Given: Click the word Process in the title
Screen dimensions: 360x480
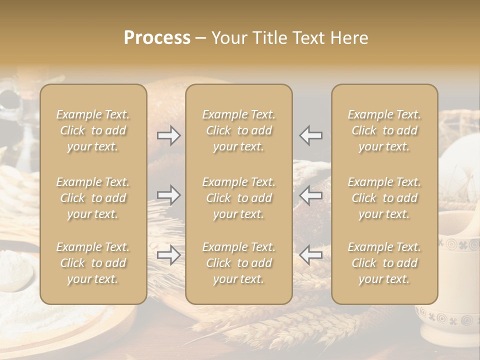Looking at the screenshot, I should [157, 38].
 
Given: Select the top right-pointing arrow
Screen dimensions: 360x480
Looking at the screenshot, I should [168, 135].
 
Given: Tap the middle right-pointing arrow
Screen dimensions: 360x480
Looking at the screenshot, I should [168, 195].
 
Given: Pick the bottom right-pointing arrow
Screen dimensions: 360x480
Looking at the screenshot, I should [168, 255].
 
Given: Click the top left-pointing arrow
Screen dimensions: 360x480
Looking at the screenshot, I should [311, 135].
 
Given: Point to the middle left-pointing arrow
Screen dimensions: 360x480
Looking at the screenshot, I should [311, 195].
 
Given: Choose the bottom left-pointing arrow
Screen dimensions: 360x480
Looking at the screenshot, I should [311, 255].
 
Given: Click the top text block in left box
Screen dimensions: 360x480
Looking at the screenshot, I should [93, 130].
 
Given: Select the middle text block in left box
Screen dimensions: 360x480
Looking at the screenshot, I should [93, 198].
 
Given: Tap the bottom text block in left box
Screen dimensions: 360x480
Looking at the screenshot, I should [93, 263].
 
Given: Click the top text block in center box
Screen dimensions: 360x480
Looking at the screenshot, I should [238, 130].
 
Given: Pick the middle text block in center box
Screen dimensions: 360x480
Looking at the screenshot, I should [238, 198].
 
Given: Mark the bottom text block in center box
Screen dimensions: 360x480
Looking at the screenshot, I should [238, 263].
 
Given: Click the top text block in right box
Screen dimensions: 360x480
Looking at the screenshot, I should [384, 130].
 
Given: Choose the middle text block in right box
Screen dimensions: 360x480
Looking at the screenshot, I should [384, 198].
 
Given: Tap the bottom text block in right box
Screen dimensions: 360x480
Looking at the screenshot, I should [384, 263].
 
